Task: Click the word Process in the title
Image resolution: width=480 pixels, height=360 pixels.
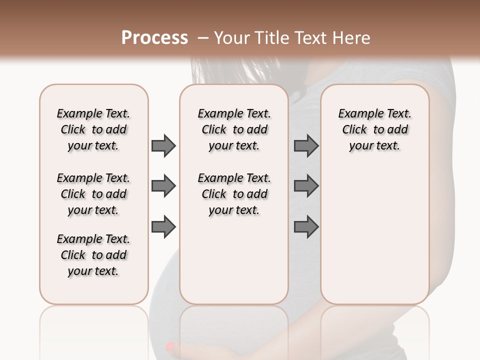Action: click(x=154, y=38)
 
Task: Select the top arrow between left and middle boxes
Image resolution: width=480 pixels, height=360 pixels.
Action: click(x=163, y=145)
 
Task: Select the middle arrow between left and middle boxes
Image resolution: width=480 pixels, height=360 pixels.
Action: click(x=163, y=186)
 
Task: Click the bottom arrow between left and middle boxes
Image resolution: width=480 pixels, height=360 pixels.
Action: click(x=163, y=227)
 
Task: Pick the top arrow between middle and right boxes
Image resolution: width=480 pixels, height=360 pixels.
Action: click(x=306, y=145)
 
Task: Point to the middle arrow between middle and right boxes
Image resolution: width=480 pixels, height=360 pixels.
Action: click(x=306, y=186)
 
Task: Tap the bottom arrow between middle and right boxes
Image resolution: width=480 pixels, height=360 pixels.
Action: click(x=306, y=227)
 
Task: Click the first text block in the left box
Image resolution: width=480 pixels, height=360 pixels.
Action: click(x=93, y=129)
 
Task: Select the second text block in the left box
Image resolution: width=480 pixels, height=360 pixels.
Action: click(x=93, y=194)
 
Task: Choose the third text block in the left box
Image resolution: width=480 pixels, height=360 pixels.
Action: click(x=93, y=255)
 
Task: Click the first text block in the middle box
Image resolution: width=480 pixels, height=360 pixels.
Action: click(x=234, y=129)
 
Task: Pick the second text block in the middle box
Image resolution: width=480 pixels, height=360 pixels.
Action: click(x=234, y=194)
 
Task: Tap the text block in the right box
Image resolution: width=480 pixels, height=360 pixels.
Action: click(x=374, y=129)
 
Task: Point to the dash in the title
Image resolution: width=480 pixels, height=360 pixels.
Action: click(x=203, y=38)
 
